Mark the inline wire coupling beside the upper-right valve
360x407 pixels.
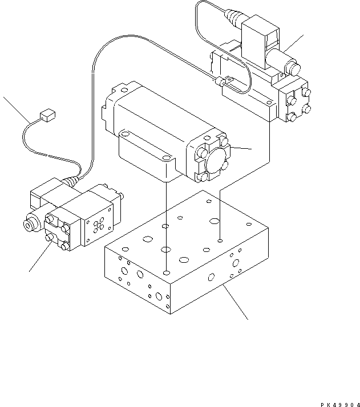(223, 83)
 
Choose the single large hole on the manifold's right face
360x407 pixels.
(211, 277)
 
